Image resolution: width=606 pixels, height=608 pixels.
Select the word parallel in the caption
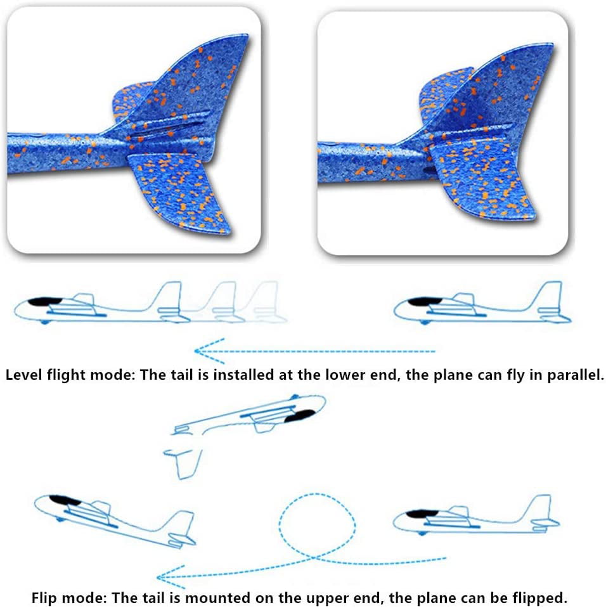click(574, 375)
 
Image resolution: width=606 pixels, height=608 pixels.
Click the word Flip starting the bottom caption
click(45, 597)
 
